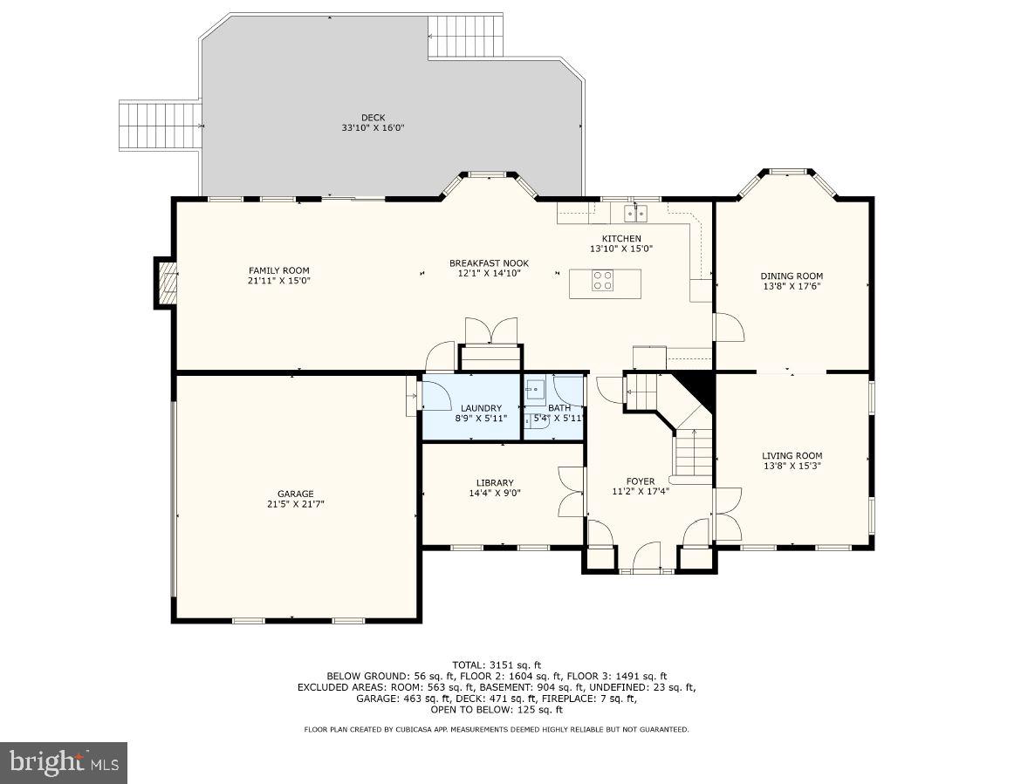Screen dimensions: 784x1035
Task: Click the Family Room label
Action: [278, 270]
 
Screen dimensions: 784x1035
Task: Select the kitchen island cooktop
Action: [603, 281]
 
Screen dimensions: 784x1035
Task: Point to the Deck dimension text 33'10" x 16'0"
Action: [373, 128]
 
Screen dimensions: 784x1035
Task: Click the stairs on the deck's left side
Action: [160, 126]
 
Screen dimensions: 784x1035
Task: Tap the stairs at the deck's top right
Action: [465, 36]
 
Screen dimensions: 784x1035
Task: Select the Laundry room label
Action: [481, 408]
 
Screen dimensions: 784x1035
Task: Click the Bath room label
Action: [559, 407]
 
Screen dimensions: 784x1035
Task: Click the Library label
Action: [495, 482]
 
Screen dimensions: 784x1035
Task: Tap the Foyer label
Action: [640, 481]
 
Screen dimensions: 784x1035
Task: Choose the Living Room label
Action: [792, 455]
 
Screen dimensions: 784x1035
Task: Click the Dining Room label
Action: [792, 276]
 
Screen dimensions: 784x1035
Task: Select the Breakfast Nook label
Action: [489, 262]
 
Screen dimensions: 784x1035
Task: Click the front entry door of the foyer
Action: [647, 558]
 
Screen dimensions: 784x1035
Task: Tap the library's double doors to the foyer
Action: [571, 493]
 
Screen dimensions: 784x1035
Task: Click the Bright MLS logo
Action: [64, 763]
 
